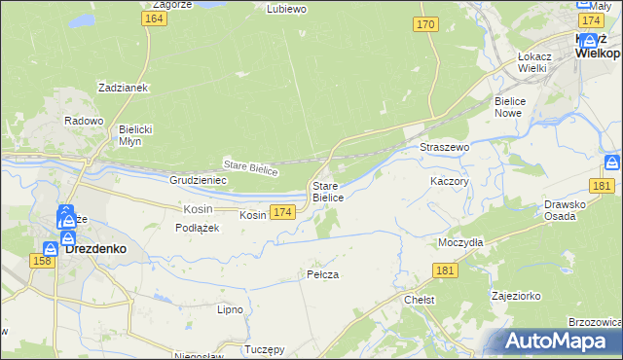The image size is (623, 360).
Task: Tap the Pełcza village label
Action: point(322,274)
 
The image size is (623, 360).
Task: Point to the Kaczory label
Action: point(450,181)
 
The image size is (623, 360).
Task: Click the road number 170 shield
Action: point(424,24)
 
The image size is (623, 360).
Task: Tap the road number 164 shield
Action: point(152,18)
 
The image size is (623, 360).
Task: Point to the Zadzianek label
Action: point(122,88)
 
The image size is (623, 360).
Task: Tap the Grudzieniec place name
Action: point(198,180)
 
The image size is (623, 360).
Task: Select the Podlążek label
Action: point(198,228)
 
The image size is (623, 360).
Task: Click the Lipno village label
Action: point(230,309)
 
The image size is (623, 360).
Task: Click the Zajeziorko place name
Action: point(517,294)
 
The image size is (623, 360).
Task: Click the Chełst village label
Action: point(419,301)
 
